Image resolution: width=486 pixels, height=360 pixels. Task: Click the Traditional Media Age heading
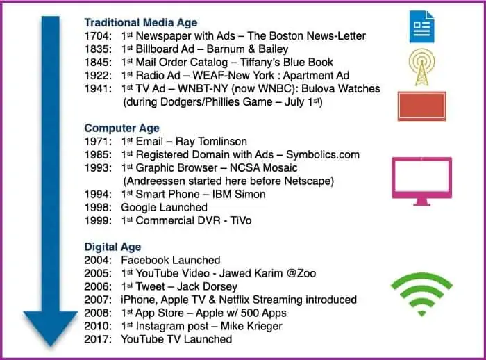[141, 23]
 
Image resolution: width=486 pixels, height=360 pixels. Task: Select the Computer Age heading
[121, 128]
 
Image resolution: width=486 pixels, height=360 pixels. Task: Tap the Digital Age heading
[112, 247]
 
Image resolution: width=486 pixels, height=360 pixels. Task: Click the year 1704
[98, 36]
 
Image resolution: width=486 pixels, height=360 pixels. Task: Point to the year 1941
[98, 89]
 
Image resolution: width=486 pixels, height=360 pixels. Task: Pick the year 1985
[98, 154]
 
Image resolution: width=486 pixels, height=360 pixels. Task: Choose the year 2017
[98, 339]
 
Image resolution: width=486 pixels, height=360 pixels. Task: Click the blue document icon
[421, 26]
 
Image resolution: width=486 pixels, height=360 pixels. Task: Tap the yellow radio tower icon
[422, 67]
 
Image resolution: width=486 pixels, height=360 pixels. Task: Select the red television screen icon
[422, 106]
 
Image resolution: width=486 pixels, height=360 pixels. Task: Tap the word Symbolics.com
[323, 154]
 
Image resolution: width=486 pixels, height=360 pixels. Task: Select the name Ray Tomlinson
[211, 142]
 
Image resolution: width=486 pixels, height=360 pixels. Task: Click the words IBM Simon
[239, 195]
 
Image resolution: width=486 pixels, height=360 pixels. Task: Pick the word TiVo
[240, 220]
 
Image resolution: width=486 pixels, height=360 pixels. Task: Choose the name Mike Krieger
[251, 326]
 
